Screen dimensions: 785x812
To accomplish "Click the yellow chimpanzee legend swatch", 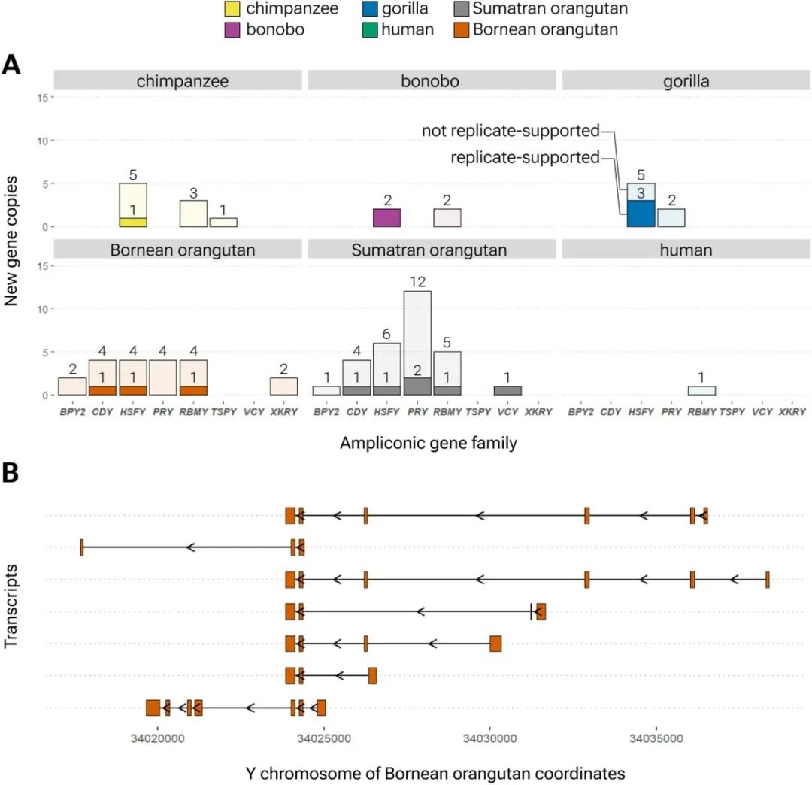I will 233,9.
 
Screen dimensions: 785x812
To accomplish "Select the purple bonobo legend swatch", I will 233,30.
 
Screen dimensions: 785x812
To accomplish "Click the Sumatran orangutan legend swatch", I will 462,9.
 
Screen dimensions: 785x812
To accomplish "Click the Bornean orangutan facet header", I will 177,250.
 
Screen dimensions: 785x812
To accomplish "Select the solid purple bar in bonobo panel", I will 386,218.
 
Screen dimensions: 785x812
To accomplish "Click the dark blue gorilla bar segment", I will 641,214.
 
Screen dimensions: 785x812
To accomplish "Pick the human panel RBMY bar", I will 701,391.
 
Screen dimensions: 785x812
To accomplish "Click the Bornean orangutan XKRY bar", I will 284,386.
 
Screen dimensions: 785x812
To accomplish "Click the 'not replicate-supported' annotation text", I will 511,131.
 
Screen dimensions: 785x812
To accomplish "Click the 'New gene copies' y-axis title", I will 11,246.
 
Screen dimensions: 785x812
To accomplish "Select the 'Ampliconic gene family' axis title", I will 428,443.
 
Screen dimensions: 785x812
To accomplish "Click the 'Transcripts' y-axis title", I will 11,610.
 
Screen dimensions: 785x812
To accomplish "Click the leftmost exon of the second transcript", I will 81,547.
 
